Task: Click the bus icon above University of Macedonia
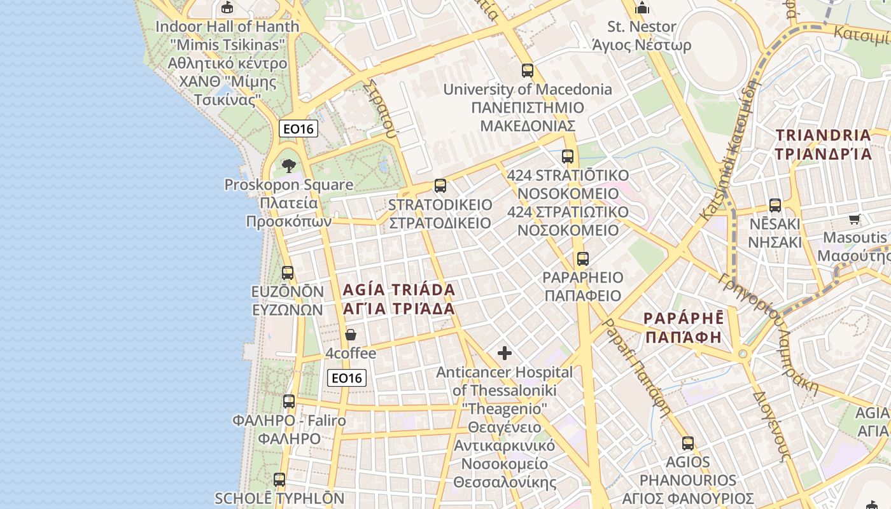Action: coord(527,71)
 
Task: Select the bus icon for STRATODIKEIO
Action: coord(440,186)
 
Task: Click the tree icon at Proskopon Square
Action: coord(289,166)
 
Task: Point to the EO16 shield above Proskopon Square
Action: coord(298,129)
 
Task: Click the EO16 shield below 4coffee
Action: coord(347,378)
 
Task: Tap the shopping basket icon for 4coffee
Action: coord(350,335)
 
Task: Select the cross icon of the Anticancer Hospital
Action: coord(505,353)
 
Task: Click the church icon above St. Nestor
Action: coord(642,8)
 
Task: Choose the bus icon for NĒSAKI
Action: coord(775,206)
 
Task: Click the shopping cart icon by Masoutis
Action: coord(854,220)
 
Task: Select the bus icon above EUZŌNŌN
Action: coord(288,273)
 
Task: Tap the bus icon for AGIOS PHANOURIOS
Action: coord(687,443)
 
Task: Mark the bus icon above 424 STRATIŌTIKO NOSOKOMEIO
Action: coord(568,157)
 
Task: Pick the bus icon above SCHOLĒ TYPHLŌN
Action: coord(279,480)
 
